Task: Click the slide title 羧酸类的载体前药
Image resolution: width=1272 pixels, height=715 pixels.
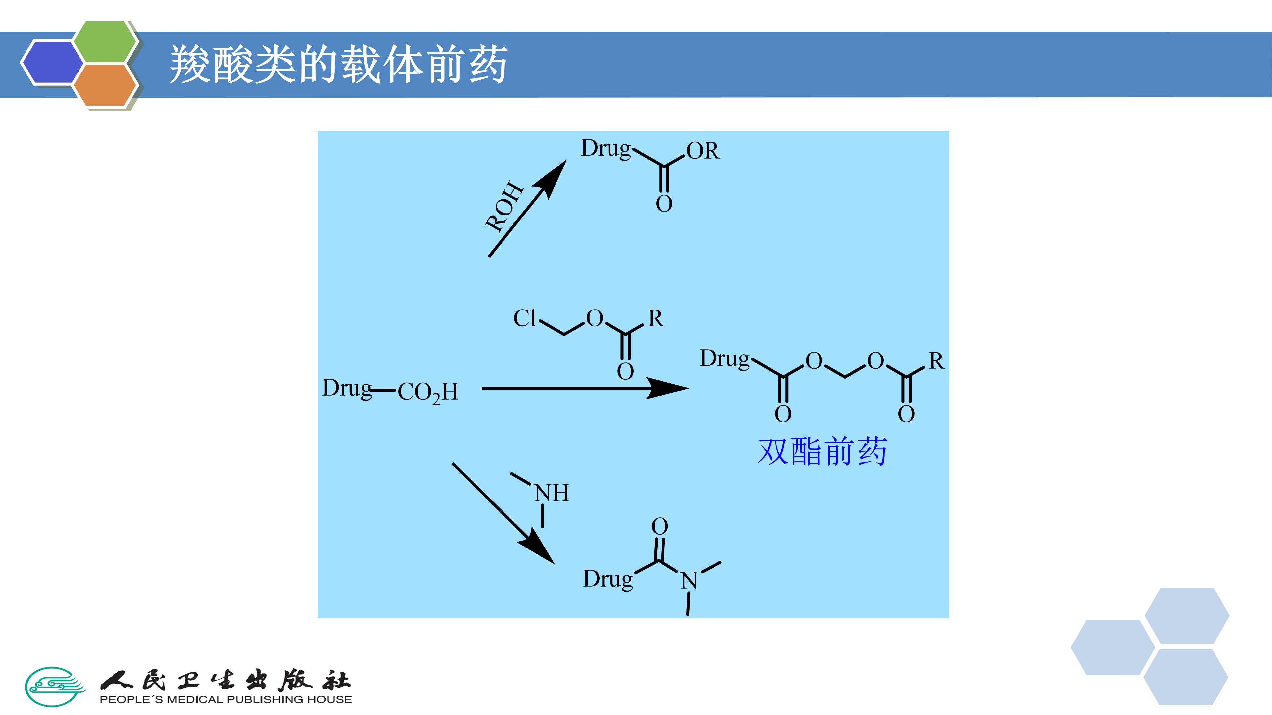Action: click(339, 64)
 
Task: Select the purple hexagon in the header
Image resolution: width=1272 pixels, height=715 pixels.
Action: click(52, 63)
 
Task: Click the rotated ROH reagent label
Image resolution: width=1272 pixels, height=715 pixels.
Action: click(503, 206)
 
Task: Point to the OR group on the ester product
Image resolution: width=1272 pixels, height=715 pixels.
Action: click(703, 151)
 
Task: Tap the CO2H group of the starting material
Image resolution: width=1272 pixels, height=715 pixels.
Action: click(428, 392)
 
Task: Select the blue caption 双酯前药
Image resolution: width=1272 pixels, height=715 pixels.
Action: click(822, 452)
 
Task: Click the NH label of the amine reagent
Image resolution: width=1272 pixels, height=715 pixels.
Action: click(552, 493)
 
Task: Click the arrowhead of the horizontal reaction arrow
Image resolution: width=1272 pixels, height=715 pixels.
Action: click(669, 388)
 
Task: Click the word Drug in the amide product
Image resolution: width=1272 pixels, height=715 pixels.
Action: click(608, 579)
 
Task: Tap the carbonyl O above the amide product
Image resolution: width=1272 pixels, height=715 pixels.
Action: click(660, 526)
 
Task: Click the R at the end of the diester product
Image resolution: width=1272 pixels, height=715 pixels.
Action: click(936, 361)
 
